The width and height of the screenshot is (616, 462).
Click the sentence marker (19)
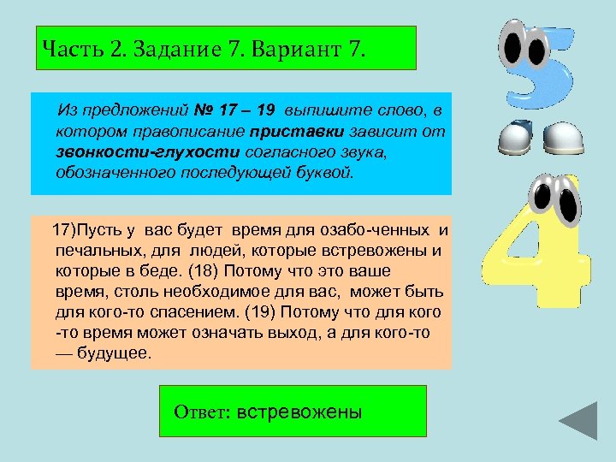click(x=260, y=312)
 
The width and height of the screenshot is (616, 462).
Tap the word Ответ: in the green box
click(x=202, y=412)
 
